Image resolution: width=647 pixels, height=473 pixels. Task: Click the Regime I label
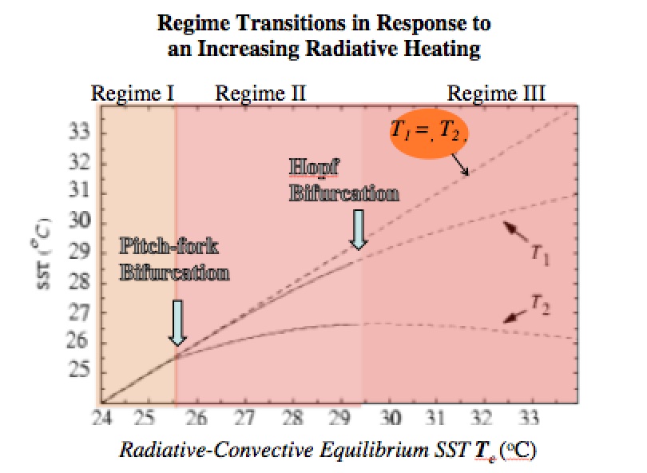tap(133, 93)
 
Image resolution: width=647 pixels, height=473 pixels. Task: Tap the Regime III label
tap(496, 93)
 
